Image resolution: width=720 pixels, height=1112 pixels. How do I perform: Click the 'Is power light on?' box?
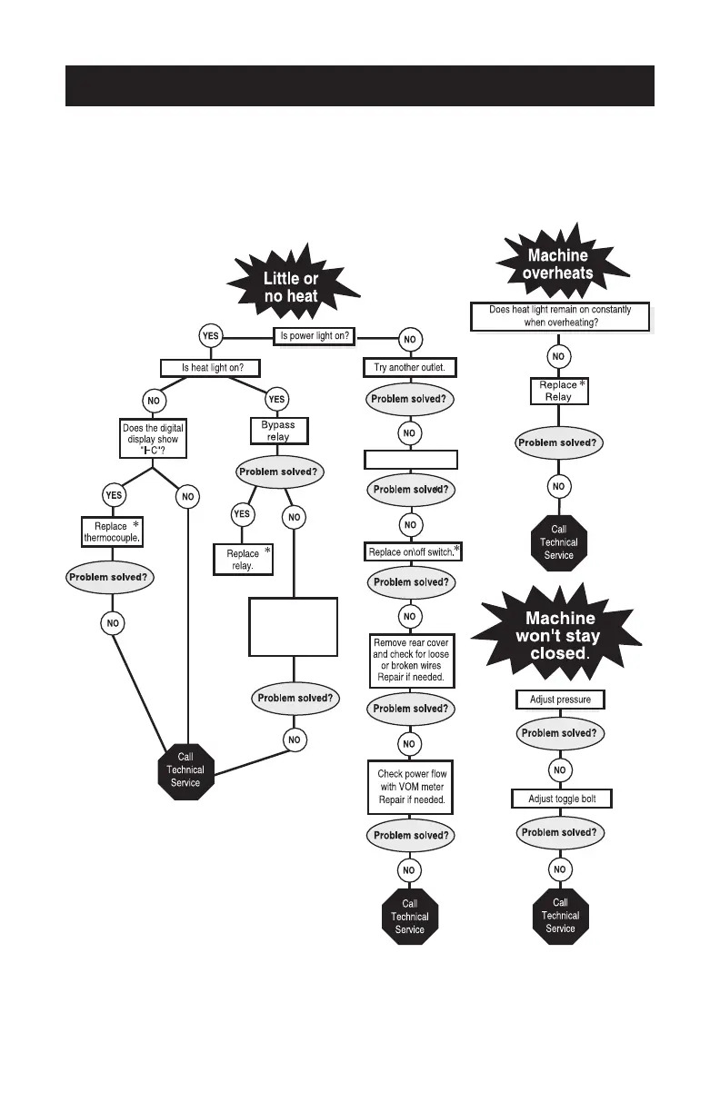point(315,336)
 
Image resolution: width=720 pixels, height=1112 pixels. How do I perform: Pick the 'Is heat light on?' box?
point(209,368)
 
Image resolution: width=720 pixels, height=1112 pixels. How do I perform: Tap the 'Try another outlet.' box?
point(410,368)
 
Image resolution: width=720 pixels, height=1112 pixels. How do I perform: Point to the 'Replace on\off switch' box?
point(411,552)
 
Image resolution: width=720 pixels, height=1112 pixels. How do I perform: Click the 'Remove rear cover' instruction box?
point(410,661)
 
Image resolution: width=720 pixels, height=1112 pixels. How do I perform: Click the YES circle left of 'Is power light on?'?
point(210,336)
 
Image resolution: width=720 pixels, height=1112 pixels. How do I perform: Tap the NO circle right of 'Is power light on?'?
point(410,339)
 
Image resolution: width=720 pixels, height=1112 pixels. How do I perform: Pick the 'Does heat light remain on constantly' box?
point(561,316)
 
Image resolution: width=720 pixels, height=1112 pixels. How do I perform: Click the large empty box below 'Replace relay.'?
point(293,627)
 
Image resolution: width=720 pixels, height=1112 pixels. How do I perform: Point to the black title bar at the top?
point(360,85)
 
